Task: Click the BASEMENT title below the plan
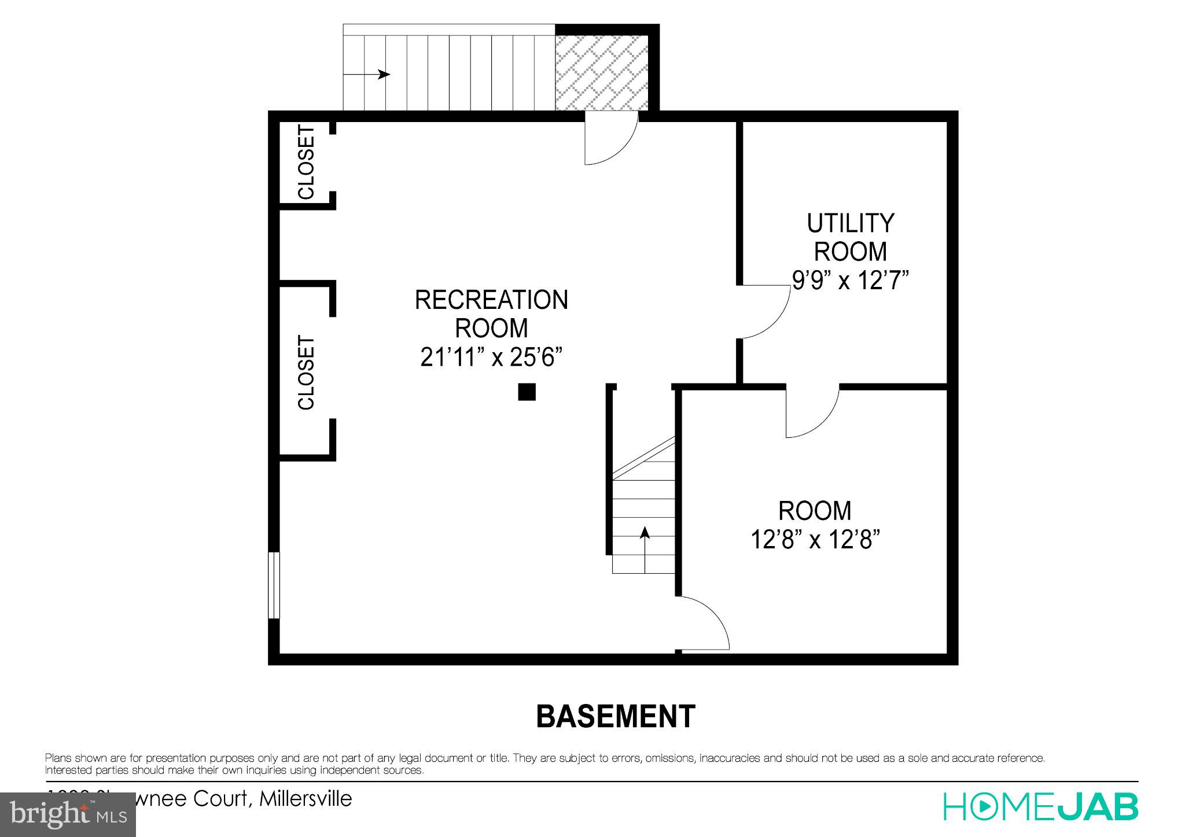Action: coord(616,717)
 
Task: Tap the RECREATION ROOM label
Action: coord(491,314)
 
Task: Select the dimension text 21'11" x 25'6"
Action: coord(491,358)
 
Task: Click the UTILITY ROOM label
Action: coord(850,237)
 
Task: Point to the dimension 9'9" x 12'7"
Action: coord(850,281)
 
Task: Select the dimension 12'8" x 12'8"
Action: coord(815,540)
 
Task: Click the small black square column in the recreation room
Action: coord(527,392)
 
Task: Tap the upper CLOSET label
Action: coord(306,163)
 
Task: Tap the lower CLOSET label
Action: coord(306,373)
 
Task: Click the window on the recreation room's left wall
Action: coord(274,585)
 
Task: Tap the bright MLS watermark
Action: coord(68,814)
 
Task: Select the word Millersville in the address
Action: coord(306,799)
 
